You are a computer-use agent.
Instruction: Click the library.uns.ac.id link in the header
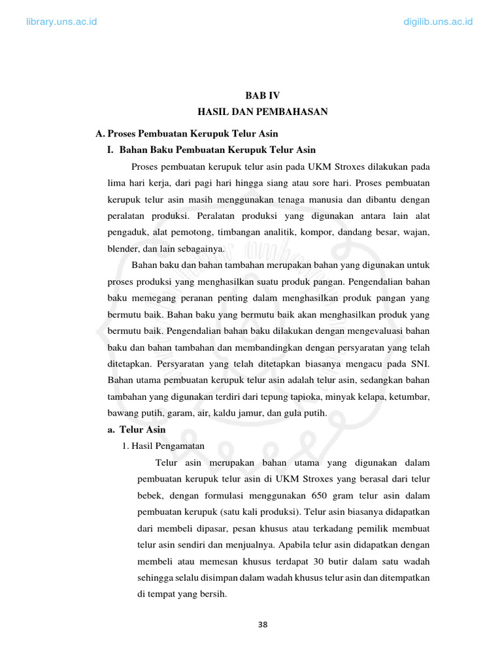(x=61, y=22)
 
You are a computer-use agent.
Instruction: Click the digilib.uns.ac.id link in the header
(x=439, y=22)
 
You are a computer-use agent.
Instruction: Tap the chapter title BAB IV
(x=262, y=95)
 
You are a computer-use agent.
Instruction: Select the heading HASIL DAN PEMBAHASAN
(x=262, y=112)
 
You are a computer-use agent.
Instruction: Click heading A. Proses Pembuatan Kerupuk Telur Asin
(x=186, y=133)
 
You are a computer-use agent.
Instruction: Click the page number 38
(x=263, y=624)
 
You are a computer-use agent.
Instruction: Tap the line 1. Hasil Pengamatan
(x=163, y=446)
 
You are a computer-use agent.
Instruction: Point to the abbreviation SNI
(x=420, y=363)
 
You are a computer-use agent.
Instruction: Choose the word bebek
(x=150, y=495)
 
